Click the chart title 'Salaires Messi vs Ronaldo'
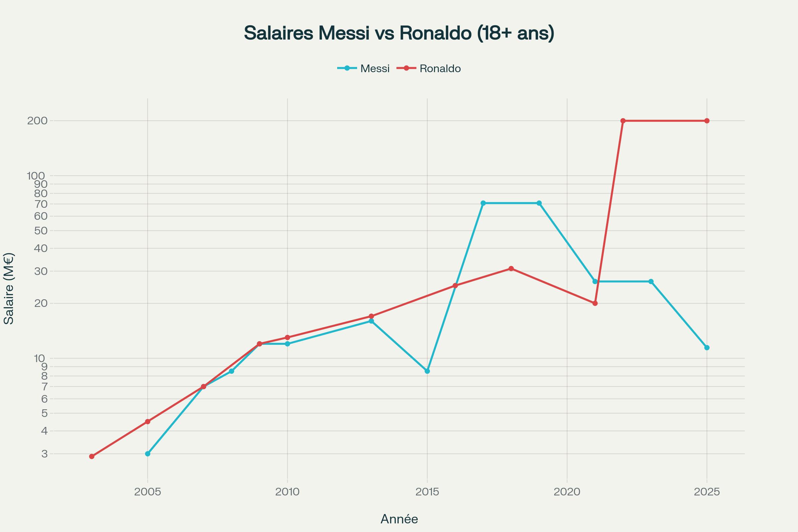tap(399, 33)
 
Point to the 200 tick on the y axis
tap(37, 120)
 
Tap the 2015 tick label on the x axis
tap(427, 492)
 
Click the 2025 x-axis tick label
tap(707, 492)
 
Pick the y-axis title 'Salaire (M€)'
tap(9, 288)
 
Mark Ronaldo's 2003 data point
tap(92, 456)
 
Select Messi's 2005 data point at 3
tap(148, 454)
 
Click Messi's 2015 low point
tap(427, 371)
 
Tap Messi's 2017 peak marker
tap(483, 203)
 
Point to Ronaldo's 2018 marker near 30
tap(511, 268)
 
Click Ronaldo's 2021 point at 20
tap(595, 303)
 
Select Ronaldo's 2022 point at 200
tap(623, 121)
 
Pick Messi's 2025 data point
tap(707, 347)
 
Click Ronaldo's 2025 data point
tap(707, 121)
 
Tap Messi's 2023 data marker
tap(651, 281)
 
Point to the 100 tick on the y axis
tap(36, 176)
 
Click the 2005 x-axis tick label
tap(148, 492)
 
